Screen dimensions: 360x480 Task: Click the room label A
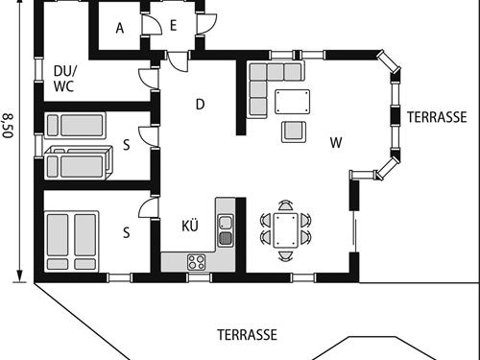tap(120, 28)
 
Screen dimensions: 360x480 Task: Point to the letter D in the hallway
tap(201, 105)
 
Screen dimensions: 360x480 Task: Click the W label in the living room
tap(336, 143)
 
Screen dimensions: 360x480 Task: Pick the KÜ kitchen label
tap(190, 227)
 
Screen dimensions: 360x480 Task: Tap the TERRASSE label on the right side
tap(436, 117)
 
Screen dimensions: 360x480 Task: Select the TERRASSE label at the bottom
tap(246, 335)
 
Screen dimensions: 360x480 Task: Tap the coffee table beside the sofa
tap(294, 101)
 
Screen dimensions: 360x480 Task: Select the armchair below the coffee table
tap(293, 131)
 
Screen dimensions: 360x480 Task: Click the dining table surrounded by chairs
tap(285, 231)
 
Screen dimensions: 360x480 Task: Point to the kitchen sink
tap(226, 230)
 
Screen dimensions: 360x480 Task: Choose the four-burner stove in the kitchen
tap(198, 261)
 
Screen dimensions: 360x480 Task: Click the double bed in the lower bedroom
tap(72, 240)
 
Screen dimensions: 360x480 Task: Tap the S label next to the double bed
tap(127, 231)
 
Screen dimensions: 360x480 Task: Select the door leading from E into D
tap(179, 59)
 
